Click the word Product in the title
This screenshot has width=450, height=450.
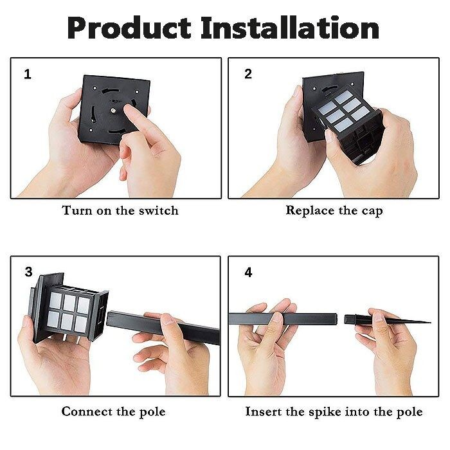129,28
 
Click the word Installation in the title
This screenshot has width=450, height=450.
290,28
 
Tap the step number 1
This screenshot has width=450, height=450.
28,75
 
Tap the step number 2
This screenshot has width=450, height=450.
248,74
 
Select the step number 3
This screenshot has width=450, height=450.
28,272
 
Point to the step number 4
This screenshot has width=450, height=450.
248,273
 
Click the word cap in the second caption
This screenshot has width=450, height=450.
372,212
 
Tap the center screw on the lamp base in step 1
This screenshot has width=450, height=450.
113,110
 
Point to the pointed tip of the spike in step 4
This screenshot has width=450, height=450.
430,323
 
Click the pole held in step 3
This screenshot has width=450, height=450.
163,328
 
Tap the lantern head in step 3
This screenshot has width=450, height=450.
68,308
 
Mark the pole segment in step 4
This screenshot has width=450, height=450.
283,319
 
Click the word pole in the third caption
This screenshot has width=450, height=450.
152,412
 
